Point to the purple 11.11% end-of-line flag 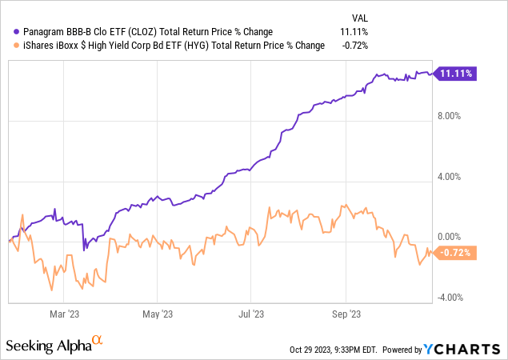[456, 73]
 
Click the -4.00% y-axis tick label [452, 298]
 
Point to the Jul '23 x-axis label [251, 314]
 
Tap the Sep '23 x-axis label [346, 314]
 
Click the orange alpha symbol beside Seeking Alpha [98, 340]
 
